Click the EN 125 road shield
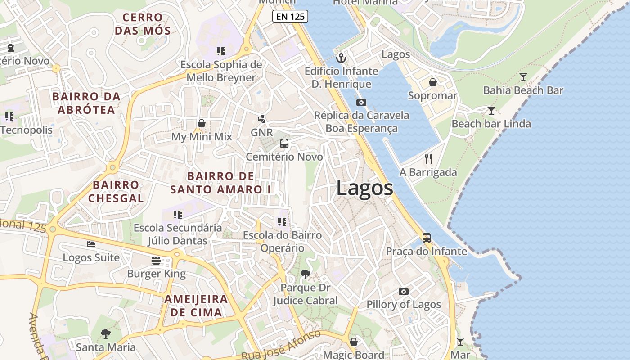coord(290,17)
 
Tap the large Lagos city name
coord(364,188)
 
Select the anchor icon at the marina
coord(341,58)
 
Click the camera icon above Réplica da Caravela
coord(361,102)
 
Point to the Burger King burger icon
coord(156,261)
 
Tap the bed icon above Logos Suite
coord(91,244)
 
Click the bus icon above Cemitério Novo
coord(284,144)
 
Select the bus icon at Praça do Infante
coord(426,238)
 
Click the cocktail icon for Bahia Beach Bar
coord(523,77)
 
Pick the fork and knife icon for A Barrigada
coord(428,159)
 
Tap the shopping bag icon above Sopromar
coord(432,82)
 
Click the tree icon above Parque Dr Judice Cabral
coord(306,274)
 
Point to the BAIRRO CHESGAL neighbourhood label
coord(116,191)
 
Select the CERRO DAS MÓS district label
coord(143,24)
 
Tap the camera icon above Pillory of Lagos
coord(404,291)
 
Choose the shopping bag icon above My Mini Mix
coord(202,123)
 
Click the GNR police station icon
coord(261,119)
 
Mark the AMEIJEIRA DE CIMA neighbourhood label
coord(196,306)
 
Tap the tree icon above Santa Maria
coord(106,333)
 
